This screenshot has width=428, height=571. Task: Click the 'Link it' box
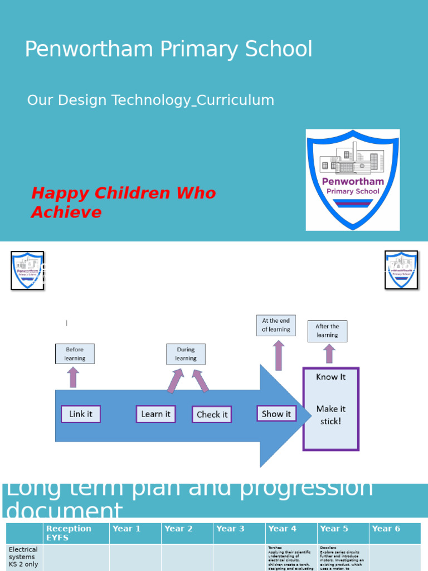(x=81, y=414)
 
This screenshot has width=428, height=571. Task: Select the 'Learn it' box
(x=155, y=414)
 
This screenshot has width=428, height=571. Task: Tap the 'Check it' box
(x=212, y=414)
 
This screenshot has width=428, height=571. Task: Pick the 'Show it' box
(x=276, y=414)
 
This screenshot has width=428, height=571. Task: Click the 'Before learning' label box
(x=75, y=354)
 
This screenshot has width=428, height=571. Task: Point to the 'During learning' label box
(x=186, y=354)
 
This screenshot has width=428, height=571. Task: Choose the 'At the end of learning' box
(x=276, y=325)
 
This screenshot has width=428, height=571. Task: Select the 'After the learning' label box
(x=327, y=331)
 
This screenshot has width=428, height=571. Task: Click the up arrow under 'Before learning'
(x=73, y=377)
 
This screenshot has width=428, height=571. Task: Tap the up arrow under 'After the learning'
(x=329, y=354)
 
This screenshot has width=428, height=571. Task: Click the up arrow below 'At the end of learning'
(x=279, y=355)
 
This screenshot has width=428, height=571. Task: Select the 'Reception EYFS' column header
(x=76, y=533)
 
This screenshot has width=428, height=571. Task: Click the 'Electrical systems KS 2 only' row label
(x=24, y=557)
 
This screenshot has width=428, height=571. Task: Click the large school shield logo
(x=353, y=180)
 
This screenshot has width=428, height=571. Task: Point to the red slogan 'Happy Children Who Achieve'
(x=123, y=202)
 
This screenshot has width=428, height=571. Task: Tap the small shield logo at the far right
(x=401, y=270)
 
